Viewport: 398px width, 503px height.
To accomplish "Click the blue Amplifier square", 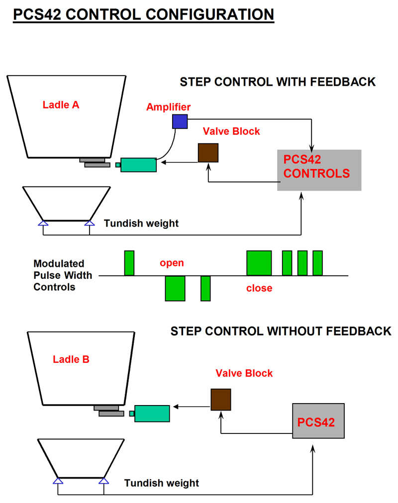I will (x=180, y=121).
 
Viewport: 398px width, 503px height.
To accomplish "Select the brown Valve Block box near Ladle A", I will (x=208, y=153).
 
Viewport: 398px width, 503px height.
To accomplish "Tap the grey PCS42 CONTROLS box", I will (x=319, y=170).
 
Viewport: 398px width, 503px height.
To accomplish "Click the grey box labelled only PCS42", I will (x=318, y=421).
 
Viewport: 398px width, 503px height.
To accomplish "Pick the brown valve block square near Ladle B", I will (x=220, y=400).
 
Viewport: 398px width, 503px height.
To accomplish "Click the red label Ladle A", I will (x=61, y=105).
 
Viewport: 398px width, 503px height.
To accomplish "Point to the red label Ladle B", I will (x=71, y=359).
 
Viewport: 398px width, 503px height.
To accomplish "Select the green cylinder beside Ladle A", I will (x=138, y=165).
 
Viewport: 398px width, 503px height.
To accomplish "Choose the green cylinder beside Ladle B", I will (x=152, y=413).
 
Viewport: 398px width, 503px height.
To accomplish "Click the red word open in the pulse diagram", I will (x=172, y=262).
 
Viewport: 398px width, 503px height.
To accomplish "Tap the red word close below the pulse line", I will (x=259, y=288).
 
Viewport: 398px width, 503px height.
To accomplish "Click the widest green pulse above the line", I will (x=259, y=263).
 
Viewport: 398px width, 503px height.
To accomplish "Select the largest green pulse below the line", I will (x=175, y=288).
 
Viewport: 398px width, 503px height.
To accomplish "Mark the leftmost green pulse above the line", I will (x=129, y=263).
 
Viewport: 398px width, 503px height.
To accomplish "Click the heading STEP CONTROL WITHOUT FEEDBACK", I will (x=281, y=331).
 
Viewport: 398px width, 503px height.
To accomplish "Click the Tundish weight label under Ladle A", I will (x=141, y=224).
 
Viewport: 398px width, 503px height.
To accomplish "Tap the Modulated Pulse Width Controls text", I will (x=59, y=275).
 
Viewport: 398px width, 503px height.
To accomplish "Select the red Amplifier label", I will (x=168, y=107).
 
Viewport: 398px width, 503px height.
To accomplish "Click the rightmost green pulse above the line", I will (x=317, y=263).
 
